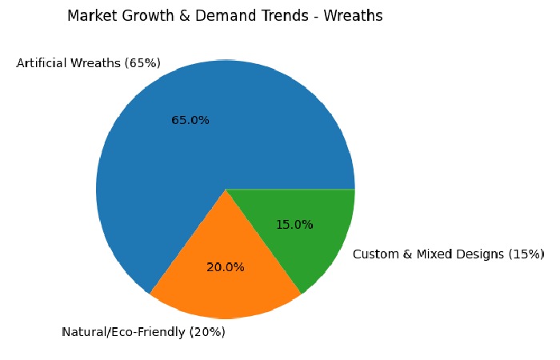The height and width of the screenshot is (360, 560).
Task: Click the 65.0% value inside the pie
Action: point(190,120)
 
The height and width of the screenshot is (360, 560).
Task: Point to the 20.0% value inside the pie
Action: point(226,267)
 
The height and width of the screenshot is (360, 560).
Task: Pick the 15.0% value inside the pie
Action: point(294,225)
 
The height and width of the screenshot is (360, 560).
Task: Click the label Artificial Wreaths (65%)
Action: point(89,62)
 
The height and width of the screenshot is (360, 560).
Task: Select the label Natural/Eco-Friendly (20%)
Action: point(143,332)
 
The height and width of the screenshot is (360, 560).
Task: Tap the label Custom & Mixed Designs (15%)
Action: point(448,254)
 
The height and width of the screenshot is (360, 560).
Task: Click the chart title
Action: point(225,16)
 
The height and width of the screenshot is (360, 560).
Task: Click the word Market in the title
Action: point(90,16)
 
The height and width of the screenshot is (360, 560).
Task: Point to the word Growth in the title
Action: point(141,16)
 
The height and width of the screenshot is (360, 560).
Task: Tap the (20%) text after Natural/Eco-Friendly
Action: point(206,332)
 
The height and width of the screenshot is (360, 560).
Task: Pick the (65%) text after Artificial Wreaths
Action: point(142,62)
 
